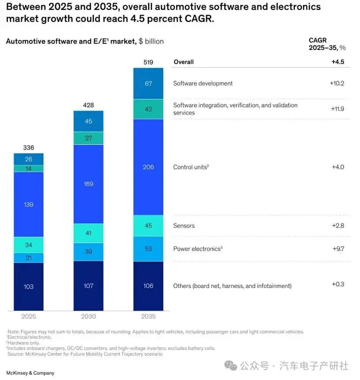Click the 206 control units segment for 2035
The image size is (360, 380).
(148, 167)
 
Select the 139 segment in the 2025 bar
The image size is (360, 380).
(29, 204)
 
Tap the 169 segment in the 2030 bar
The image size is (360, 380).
(88, 184)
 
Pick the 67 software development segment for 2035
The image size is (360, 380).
(148, 83)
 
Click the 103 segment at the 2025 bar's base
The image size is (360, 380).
(29, 286)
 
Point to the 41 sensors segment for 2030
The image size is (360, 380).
(88, 233)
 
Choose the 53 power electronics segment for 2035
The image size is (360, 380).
(148, 249)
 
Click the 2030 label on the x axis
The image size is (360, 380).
(88, 317)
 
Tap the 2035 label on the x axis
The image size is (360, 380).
(148, 317)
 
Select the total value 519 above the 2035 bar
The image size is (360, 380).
(148, 62)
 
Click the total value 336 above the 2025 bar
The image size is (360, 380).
(29, 148)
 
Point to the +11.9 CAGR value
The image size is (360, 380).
(337, 109)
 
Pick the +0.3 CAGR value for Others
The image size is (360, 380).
(338, 284)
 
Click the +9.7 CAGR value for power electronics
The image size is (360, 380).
(337, 249)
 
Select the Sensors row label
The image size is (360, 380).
(184, 226)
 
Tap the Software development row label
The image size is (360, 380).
(203, 83)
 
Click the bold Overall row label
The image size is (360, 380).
(183, 62)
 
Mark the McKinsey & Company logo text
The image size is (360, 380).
(30, 373)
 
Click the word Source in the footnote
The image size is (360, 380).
(15, 354)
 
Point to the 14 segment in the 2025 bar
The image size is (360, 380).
(29, 169)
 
